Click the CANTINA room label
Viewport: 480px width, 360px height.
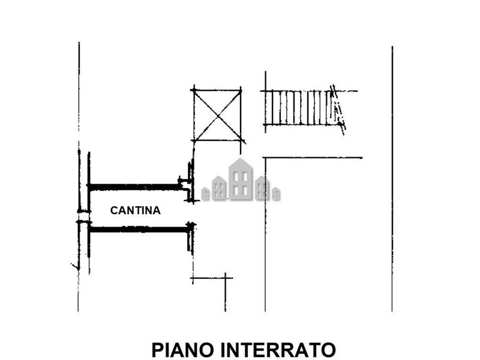(x=136, y=211)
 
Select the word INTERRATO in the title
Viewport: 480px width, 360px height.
(x=278, y=350)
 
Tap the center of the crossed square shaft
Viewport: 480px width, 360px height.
(x=217, y=115)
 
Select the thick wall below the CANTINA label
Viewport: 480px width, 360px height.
(x=139, y=229)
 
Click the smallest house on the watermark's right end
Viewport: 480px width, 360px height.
(x=276, y=193)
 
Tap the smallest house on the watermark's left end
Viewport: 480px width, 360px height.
(x=205, y=193)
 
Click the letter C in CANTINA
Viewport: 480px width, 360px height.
(x=114, y=211)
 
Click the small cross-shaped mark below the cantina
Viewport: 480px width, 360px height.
(x=226, y=278)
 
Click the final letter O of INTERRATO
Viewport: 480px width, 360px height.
(x=329, y=350)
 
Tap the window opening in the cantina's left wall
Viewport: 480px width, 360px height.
(x=84, y=216)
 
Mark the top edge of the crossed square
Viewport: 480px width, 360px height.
(x=217, y=90)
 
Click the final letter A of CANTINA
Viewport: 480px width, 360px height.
(x=157, y=211)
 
